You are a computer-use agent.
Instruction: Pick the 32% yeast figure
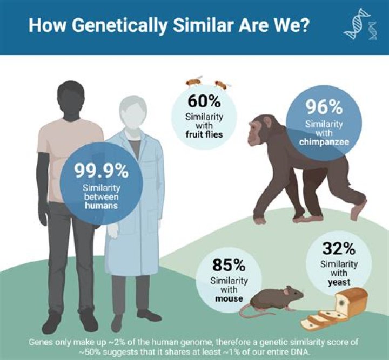pos(339,249)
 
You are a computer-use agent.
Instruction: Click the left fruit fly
pos(193,81)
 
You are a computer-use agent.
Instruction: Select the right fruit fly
pos(222,84)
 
